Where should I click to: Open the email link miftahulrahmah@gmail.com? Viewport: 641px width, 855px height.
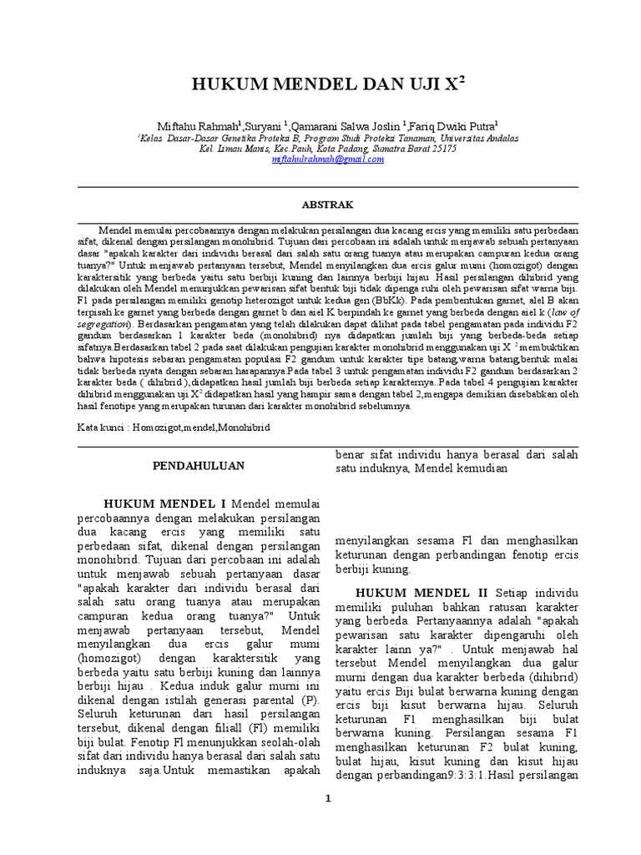point(328,159)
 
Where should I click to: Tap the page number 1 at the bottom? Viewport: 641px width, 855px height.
point(328,798)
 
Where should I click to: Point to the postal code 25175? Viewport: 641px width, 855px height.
point(440,149)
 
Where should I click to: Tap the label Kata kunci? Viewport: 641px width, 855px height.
point(96,426)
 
